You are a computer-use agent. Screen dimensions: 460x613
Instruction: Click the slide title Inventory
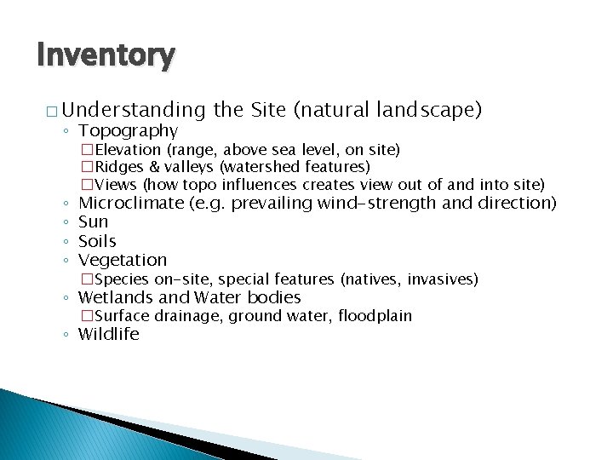tap(106, 55)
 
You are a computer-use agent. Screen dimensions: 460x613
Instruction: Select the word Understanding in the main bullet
tap(134, 110)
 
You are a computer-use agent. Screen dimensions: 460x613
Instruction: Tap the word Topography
tap(128, 130)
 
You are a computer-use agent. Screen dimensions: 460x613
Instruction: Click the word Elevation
tap(129, 150)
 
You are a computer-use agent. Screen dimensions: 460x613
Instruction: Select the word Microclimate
tap(131, 203)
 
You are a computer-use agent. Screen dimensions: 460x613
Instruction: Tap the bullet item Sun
tap(94, 222)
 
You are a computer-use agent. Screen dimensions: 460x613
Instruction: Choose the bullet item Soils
tap(97, 241)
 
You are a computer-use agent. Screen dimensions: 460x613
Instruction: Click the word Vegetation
tap(123, 260)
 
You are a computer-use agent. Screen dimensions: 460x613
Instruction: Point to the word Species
tap(123, 279)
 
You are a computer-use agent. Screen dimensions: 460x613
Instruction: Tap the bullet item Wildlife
tap(108, 334)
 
